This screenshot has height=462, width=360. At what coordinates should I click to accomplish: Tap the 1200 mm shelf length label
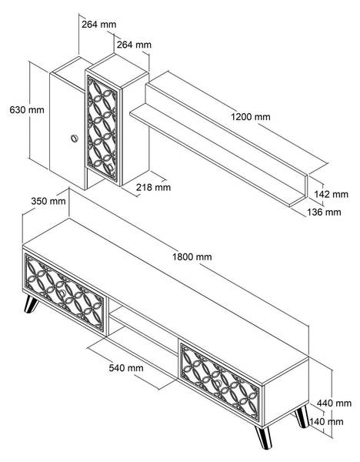(251, 116)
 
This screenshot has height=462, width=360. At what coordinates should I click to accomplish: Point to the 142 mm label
(332, 194)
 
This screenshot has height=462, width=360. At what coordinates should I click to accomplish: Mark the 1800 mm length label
(192, 256)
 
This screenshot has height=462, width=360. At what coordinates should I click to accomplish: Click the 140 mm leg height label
(328, 421)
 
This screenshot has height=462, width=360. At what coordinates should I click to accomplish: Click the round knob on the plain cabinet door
(74, 138)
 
